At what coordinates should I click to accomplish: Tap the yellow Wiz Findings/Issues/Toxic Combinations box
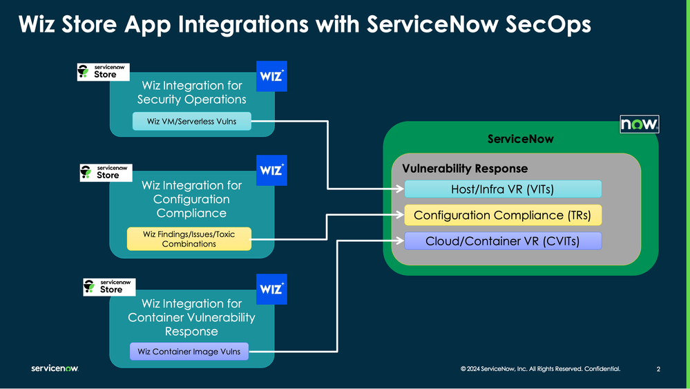coord(189,239)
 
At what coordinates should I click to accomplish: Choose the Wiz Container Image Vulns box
coord(189,352)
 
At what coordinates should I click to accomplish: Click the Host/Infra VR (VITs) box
coord(502,189)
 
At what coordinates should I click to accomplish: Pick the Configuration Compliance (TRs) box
coord(502,215)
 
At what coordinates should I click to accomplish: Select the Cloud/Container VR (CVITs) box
coord(502,240)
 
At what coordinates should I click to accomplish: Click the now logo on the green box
coord(640,124)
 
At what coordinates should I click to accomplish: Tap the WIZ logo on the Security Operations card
coord(271,77)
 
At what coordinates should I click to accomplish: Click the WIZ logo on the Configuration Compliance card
coord(271,171)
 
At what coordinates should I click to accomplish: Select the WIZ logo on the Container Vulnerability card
coord(271,290)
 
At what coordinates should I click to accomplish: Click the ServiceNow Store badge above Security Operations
coord(103,72)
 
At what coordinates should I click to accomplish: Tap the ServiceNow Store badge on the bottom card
coord(108,287)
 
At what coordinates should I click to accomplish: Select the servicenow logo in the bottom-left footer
coord(55,369)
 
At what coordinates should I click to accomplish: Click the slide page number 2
coord(658,370)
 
